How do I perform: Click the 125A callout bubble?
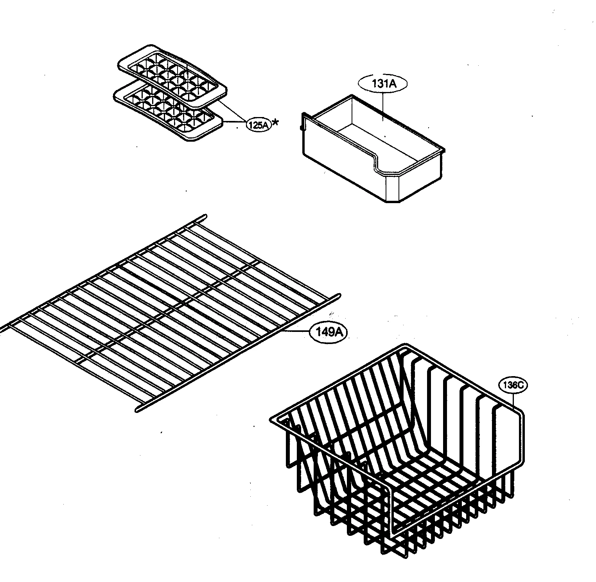(259, 125)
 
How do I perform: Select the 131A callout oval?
(382, 83)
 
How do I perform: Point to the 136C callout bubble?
(513, 385)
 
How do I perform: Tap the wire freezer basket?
(399, 470)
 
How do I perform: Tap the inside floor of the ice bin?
(375, 137)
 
